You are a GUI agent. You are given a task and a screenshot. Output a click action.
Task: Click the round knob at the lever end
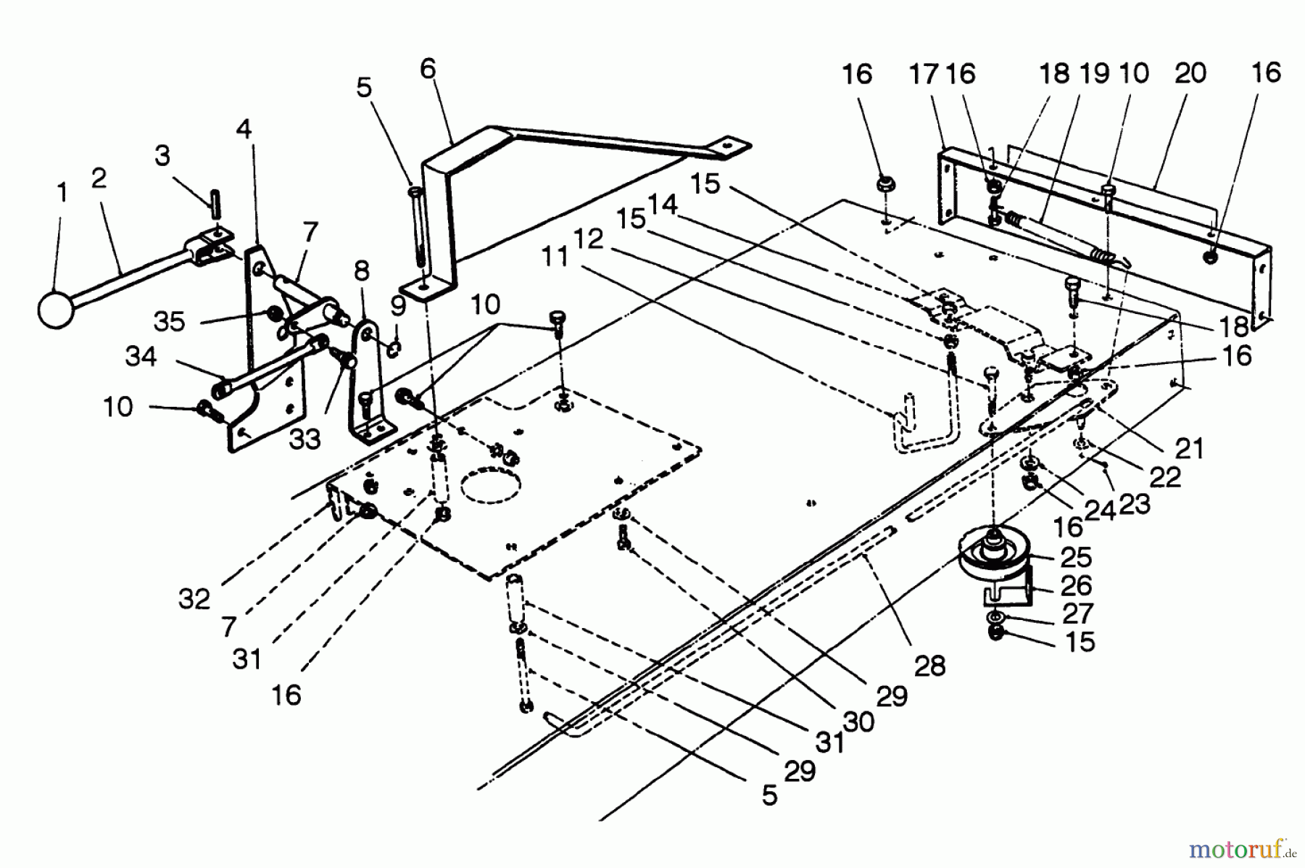pyautogui.click(x=56, y=310)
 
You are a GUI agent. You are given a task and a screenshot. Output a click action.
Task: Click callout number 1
pyautogui.click(x=62, y=193)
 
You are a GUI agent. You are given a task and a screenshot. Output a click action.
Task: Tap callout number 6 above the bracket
pyautogui.click(x=428, y=69)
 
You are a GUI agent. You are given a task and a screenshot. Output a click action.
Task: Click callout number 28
pyautogui.click(x=929, y=665)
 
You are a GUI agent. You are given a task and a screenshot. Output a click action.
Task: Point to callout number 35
pyautogui.click(x=169, y=321)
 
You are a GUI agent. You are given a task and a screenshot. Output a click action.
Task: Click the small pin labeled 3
pyautogui.click(x=215, y=201)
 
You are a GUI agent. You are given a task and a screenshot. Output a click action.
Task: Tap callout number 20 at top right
pyautogui.click(x=1190, y=73)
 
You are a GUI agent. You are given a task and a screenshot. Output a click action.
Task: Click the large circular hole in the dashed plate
pyautogui.click(x=492, y=485)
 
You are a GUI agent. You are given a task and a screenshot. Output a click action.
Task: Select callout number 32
pyautogui.click(x=194, y=598)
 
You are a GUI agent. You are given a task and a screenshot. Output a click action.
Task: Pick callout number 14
pyautogui.click(x=661, y=204)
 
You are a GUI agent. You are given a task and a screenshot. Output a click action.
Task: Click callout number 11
pyautogui.click(x=555, y=256)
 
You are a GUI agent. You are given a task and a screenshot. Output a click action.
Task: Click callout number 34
pyautogui.click(x=141, y=356)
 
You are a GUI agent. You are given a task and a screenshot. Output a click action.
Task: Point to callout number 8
pyautogui.click(x=361, y=271)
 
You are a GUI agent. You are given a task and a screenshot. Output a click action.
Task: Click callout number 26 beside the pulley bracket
pyautogui.click(x=1075, y=584)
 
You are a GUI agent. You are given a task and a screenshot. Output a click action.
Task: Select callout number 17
pyautogui.click(x=924, y=74)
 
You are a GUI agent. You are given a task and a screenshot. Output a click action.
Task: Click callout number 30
pyautogui.click(x=861, y=721)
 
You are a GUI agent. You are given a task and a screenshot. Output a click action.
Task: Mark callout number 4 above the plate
pyautogui.click(x=244, y=129)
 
